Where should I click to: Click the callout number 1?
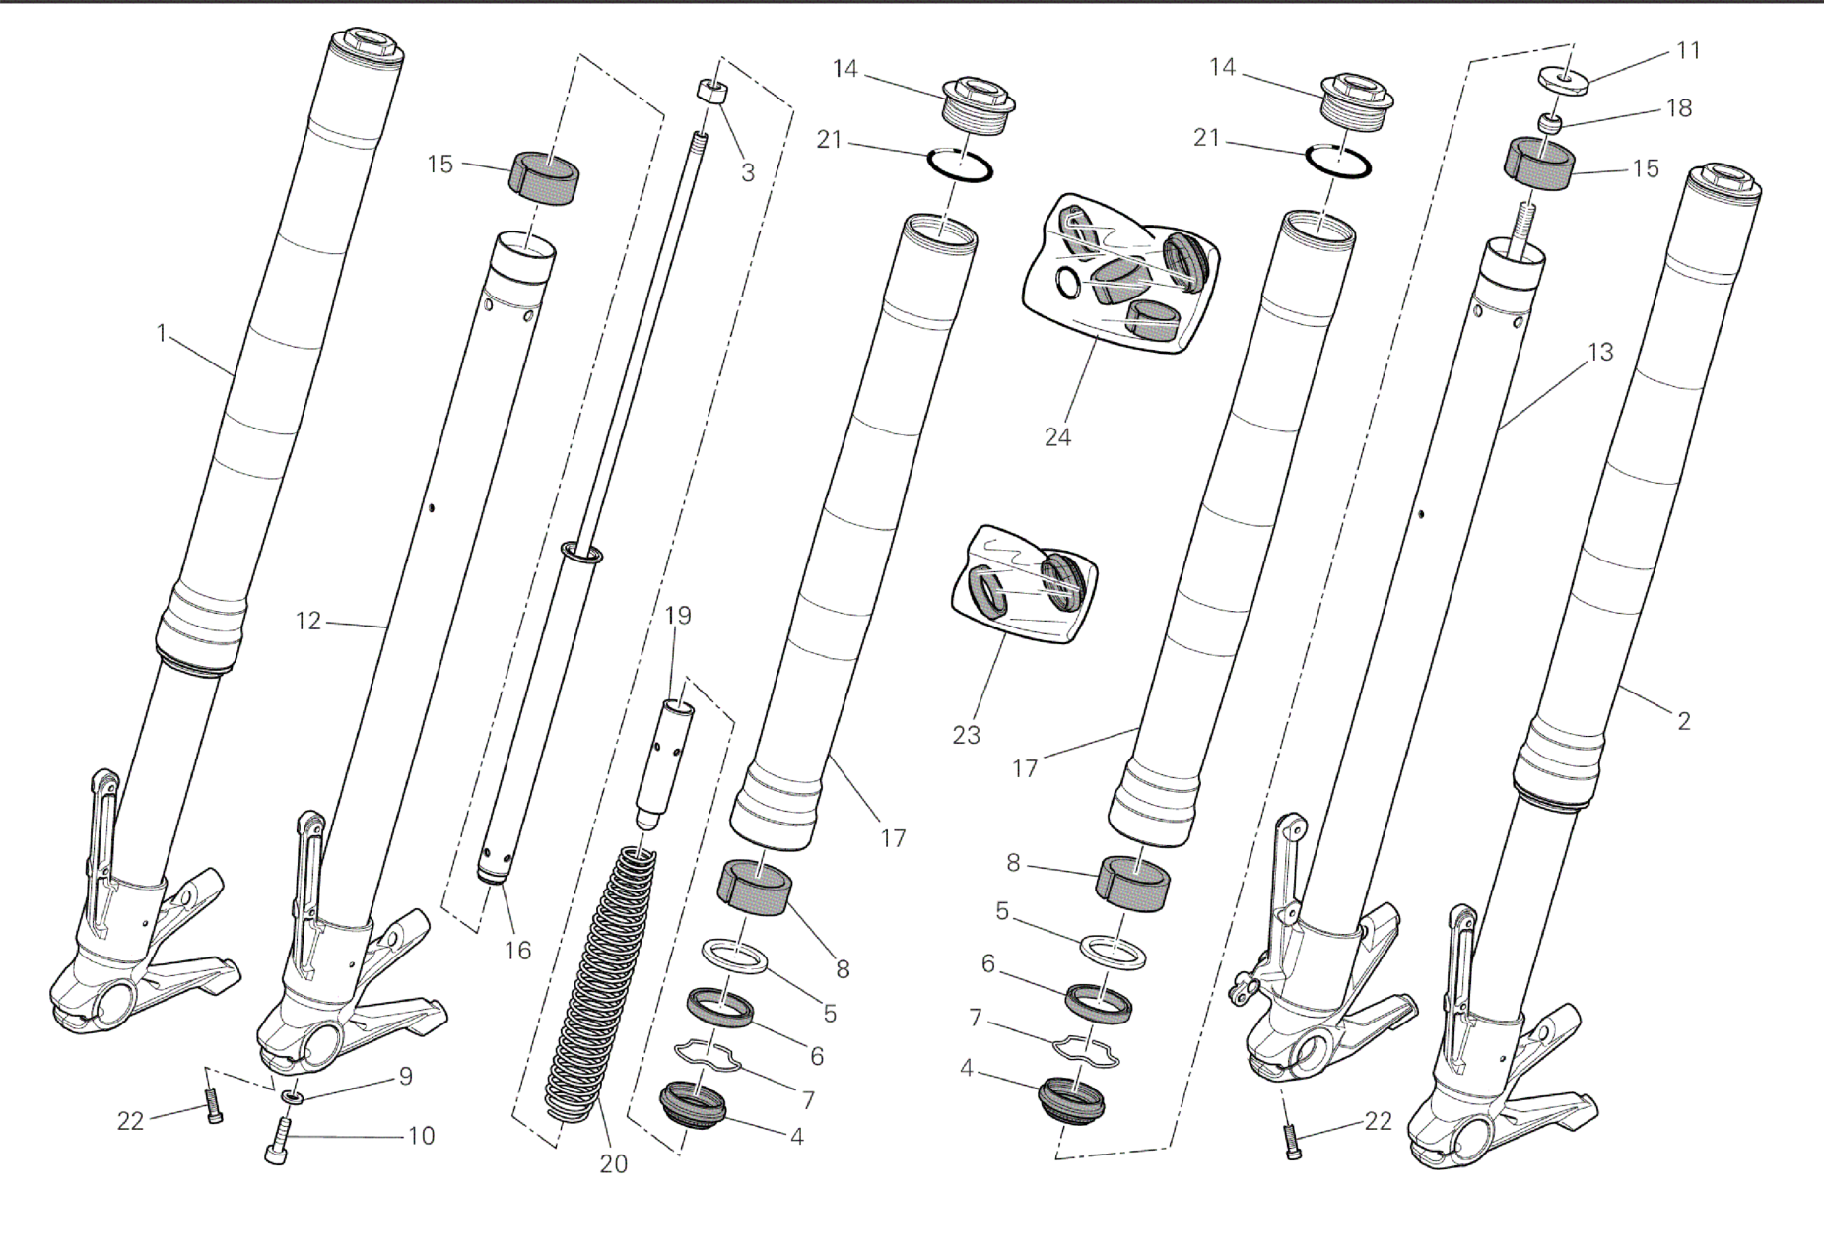coord(163,334)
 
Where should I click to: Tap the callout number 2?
coord(1684,721)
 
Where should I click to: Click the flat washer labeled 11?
coord(1566,80)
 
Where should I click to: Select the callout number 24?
coord(1057,437)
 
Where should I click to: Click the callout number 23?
coord(967,735)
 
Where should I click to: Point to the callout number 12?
coord(308,622)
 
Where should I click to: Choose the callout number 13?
coord(1600,352)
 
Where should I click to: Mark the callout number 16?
coord(517,951)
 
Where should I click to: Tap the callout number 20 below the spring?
coord(613,1164)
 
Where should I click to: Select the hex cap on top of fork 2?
coord(1724,183)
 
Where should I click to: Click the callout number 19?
coord(678,616)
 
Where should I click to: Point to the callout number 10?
coord(421,1136)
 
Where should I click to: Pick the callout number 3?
coord(748,172)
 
